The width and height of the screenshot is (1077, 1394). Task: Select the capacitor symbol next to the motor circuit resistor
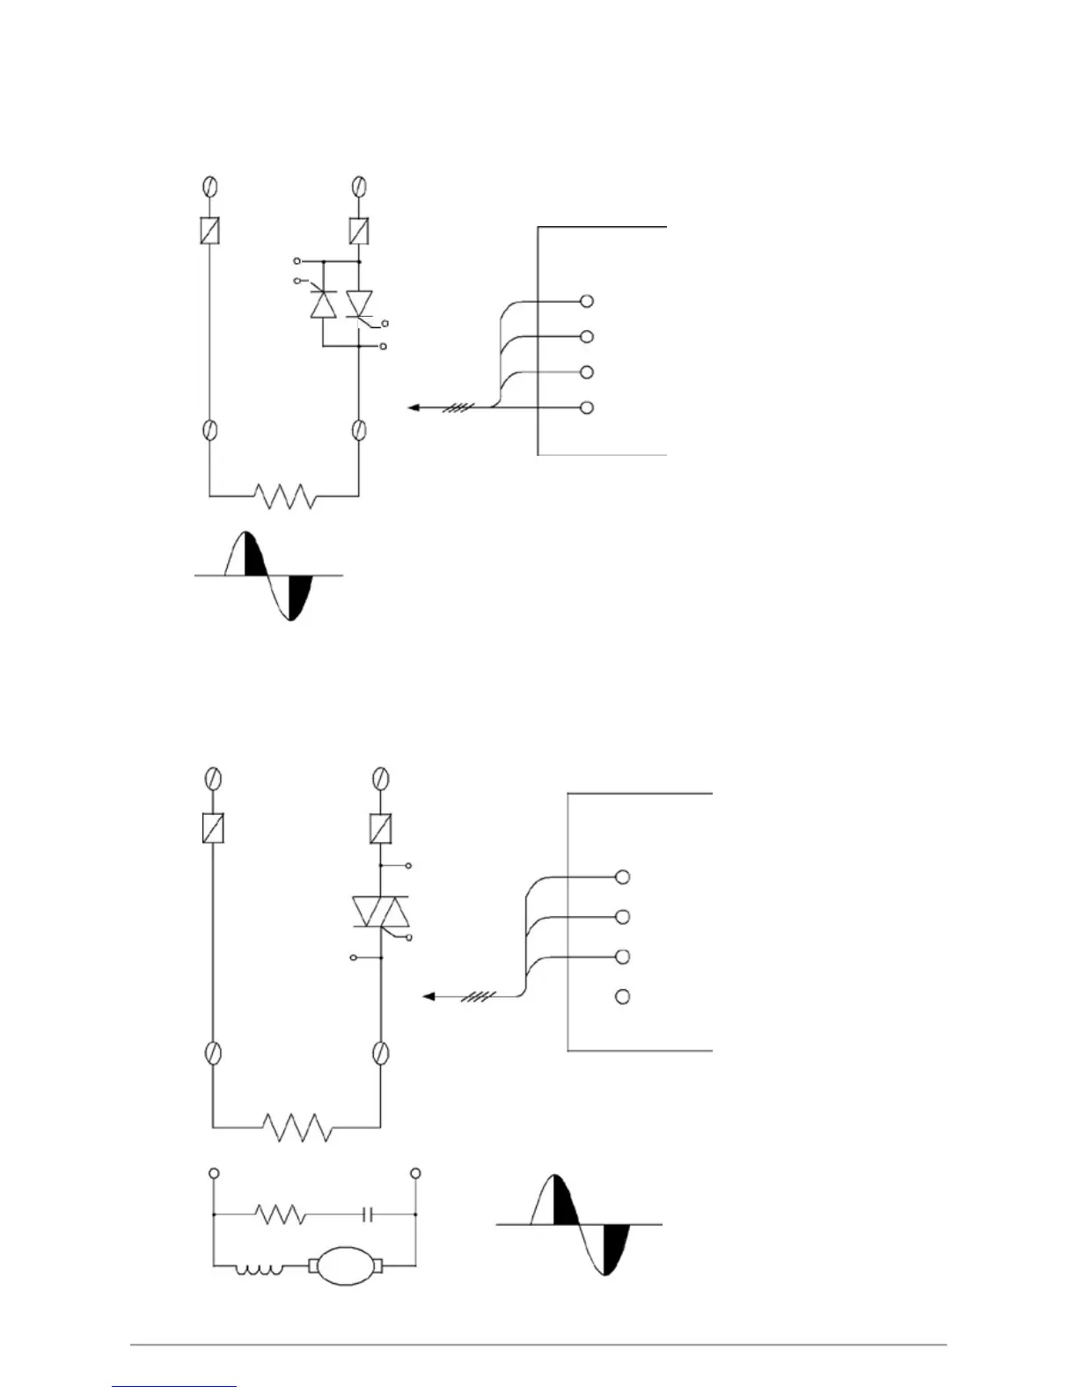click(x=369, y=1214)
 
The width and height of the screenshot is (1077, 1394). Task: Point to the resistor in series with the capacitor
click(x=281, y=1214)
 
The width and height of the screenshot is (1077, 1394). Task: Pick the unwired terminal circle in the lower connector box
click(x=622, y=996)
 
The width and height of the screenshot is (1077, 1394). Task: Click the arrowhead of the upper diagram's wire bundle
click(x=413, y=407)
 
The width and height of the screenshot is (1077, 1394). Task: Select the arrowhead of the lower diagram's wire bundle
click(x=429, y=996)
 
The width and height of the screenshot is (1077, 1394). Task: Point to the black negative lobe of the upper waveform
click(x=300, y=593)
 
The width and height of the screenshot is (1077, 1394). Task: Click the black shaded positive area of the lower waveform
click(x=564, y=1201)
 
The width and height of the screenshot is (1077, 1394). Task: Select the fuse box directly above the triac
click(x=381, y=828)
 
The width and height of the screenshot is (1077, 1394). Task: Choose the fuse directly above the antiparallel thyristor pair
click(x=358, y=231)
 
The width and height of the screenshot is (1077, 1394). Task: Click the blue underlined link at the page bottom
click(x=174, y=1387)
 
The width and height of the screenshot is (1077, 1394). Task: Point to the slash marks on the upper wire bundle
click(x=461, y=407)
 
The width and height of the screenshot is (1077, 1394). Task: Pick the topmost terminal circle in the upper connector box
click(x=587, y=301)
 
